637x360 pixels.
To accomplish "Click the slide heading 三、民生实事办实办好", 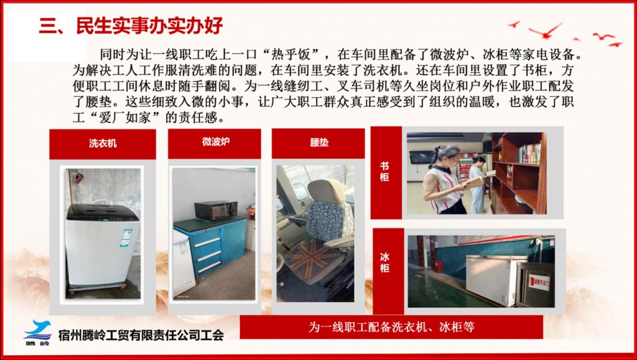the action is pyautogui.click(x=131, y=26).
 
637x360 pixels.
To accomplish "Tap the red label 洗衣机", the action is pyautogui.click(x=103, y=143).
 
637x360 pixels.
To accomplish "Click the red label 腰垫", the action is pyautogui.click(x=319, y=143).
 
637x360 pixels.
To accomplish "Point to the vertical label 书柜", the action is pyautogui.click(x=384, y=172).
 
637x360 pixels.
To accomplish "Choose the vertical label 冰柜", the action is pyautogui.click(x=384, y=262).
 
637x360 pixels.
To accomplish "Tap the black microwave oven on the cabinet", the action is pyautogui.click(x=216, y=210).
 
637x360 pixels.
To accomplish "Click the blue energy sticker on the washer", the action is pyautogui.click(x=126, y=238).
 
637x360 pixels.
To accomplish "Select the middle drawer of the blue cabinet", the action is pyautogui.click(x=208, y=256).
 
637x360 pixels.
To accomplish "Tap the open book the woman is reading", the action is pyautogui.click(x=474, y=183).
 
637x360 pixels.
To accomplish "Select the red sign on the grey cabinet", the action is pyautogui.click(x=539, y=282).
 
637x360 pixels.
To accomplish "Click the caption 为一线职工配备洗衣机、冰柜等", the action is pyautogui.click(x=391, y=327).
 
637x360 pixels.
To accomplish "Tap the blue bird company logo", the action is pyautogui.click(x=38, y=330).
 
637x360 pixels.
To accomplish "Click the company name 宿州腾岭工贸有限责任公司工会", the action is pyautogui.click(x=141, y=335).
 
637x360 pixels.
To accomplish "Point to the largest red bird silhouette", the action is pyautogui.click(x=545, y=30).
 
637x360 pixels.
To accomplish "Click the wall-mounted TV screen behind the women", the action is pyautogui.click(x=421, y=157).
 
